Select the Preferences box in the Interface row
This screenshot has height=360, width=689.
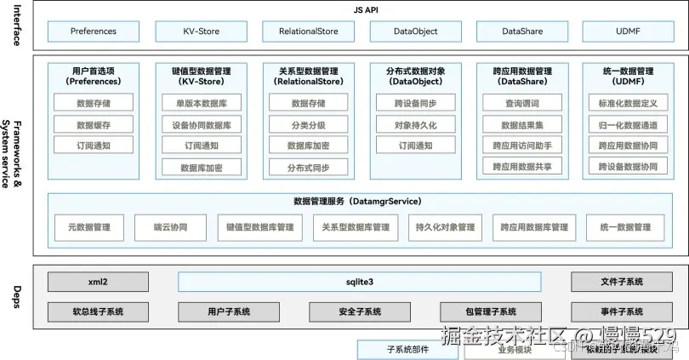pos(94,31)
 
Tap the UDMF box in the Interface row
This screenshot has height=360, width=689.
pos(628,31)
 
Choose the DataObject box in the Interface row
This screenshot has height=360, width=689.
pos(415,31)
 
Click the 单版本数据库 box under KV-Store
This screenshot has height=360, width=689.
pos(201,103)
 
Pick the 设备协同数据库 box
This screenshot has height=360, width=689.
pos(201,124)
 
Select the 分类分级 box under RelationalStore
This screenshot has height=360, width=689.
pos(308,124)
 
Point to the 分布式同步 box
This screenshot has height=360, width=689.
pos(308,167)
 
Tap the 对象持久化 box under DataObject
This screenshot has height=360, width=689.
pos(415,124)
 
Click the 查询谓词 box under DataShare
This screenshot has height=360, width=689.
pos(522,103)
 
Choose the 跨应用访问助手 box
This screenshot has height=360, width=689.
pos(522,146)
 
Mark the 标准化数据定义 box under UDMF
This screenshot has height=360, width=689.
pos(628,103)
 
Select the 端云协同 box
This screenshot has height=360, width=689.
pos(171,227)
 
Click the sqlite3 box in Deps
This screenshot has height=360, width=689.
pos(360,282)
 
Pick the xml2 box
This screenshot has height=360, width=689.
pos(98,282)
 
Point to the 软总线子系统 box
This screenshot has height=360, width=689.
pos(98,311)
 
